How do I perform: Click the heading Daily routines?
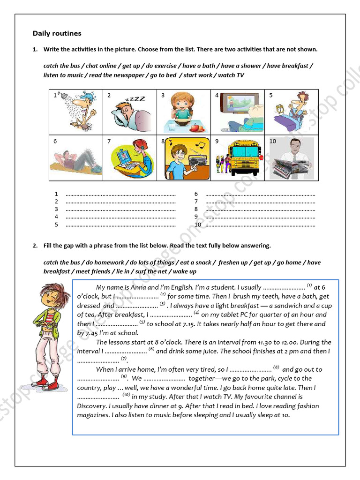[57, 33]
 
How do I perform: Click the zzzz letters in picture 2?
[136, 99]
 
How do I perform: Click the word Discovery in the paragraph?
[93, 406]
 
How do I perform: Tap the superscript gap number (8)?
[276, 367]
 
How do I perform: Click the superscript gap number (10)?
[126, 395]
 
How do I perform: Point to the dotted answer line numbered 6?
[260, 194]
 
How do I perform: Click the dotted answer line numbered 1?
[120, 194]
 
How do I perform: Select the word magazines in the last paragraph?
[93, 415]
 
